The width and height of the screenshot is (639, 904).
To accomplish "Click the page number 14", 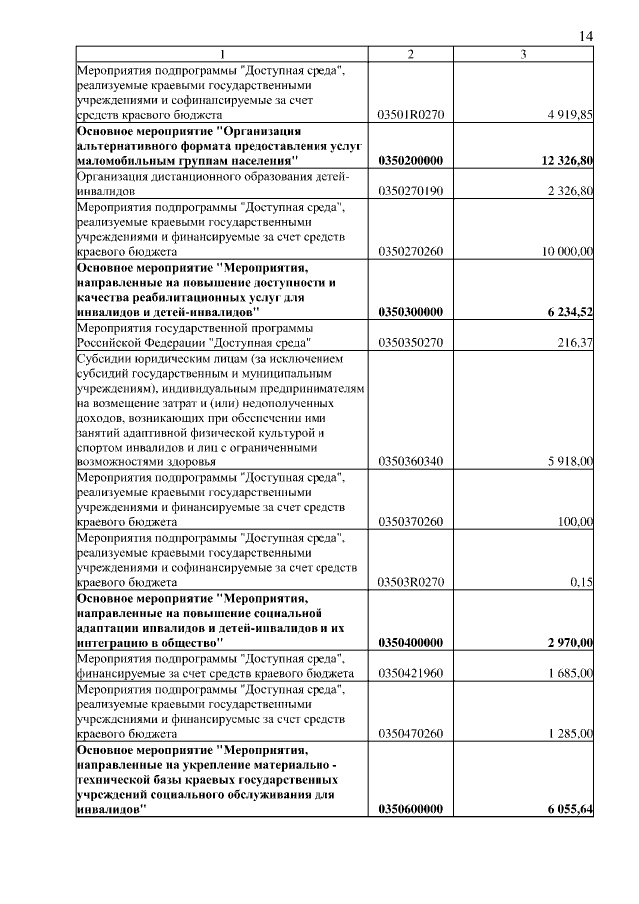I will click(x=586, y=36).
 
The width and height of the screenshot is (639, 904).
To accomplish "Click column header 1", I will click(x=222, y=54).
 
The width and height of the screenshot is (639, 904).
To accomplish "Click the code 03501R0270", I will click(x=410, y=116).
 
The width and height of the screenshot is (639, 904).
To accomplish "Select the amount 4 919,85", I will click(x=570, y=116).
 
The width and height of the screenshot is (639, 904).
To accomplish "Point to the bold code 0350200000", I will click(x=411, y=160).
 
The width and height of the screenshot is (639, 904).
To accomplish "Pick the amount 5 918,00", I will click(x=570, y=461).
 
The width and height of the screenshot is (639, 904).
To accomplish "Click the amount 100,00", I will click(x=575, y=521).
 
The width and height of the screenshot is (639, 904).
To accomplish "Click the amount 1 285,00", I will click(x=570, y=733).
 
